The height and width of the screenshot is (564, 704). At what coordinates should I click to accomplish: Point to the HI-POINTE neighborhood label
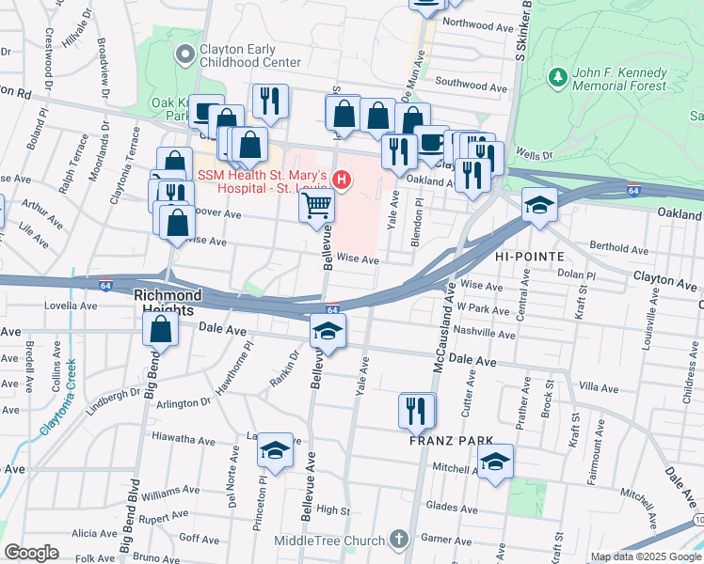click(528, 256)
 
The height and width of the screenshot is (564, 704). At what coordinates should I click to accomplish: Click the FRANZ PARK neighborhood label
click(440, 440)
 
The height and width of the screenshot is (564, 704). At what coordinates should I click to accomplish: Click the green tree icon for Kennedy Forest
click(557, 74)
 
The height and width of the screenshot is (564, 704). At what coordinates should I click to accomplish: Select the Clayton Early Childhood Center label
click(248, 55)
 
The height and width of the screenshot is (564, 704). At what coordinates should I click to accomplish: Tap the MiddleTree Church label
click(328, 540)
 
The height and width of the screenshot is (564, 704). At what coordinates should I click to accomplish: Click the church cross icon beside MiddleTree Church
click(399, 540)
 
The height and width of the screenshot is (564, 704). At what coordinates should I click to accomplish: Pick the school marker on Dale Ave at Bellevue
click(328, 331)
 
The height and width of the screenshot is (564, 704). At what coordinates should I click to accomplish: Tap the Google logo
click(31, 553)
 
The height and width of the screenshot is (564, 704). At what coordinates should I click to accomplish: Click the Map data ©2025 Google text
click(644, 556)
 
